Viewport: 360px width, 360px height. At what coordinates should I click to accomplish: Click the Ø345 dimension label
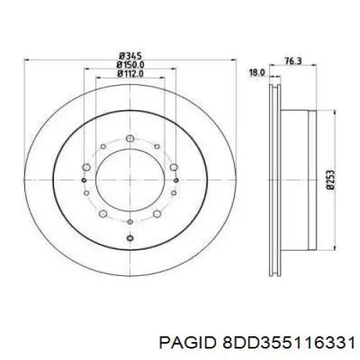click(130, 56)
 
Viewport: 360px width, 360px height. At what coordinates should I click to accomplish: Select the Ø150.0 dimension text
click(130, 65)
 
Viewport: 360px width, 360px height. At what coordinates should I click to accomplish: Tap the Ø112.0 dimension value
click(130, 73)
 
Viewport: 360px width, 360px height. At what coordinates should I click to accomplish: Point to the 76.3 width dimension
click(293, 61)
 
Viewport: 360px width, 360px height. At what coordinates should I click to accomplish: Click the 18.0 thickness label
click(257, 72)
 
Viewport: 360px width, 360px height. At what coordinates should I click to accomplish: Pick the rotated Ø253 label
click(330, 180)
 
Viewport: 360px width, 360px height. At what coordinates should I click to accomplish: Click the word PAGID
click(186, 343)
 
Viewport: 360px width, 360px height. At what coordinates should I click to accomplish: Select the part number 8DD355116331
click(289, 343)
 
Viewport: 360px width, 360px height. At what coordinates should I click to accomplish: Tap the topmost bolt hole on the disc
click(130, 138)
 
